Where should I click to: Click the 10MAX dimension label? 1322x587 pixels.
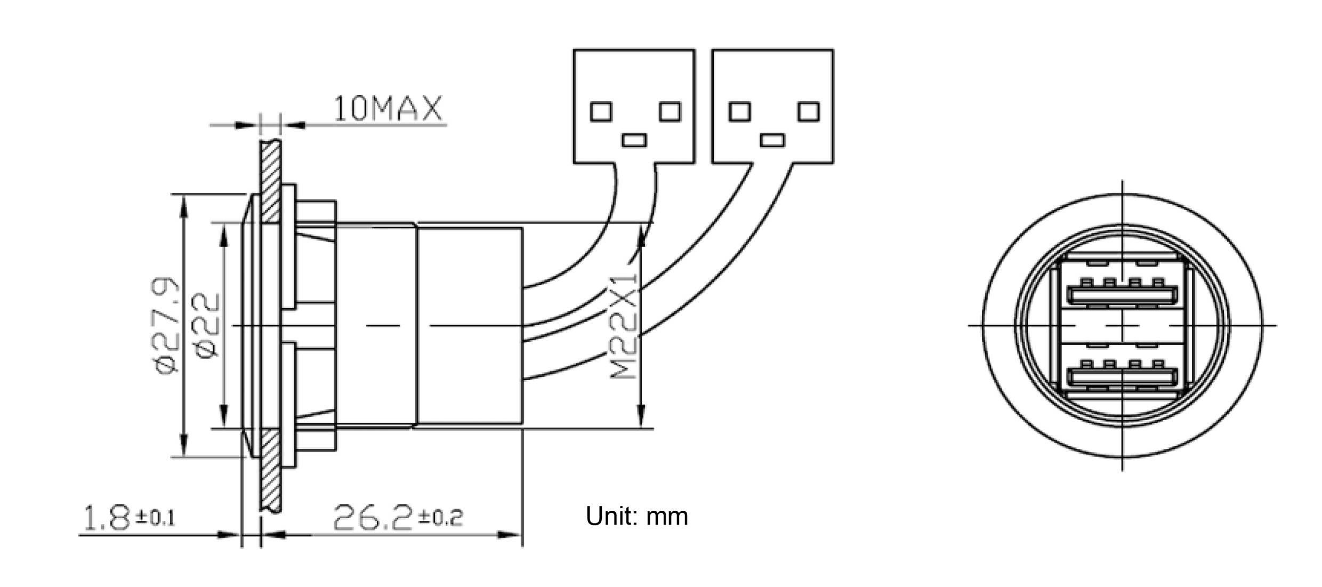point(388,109)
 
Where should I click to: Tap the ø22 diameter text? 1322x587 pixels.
point(206,325)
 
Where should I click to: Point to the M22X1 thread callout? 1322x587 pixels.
point(624,326)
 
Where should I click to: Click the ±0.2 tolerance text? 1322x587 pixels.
point(440,517)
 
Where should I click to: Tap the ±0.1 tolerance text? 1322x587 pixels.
point(155,517)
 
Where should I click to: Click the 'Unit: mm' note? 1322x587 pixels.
point(636,516)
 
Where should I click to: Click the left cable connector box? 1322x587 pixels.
point(634,106)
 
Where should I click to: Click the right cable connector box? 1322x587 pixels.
point(772,106)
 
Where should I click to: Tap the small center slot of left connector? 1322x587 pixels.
point(634,140)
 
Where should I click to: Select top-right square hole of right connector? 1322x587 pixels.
point(808,111)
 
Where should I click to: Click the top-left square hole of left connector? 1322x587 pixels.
point(601,111)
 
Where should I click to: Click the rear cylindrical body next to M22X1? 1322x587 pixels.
point(469,325)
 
